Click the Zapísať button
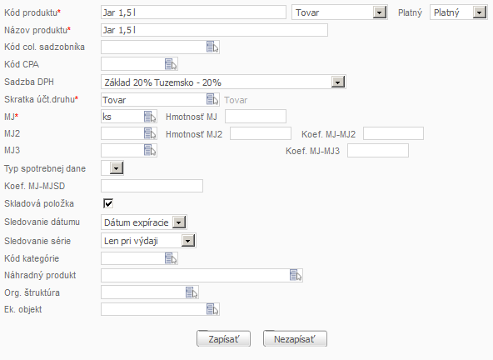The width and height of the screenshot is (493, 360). (x=223, y=338)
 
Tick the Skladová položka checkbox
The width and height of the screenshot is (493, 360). (x=108, y=203)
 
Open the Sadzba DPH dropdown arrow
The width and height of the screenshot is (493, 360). (x=337, y=82)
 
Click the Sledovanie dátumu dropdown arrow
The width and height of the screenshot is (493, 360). (x=179, y=222)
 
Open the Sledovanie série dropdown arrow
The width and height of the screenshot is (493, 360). (x=188, y=241)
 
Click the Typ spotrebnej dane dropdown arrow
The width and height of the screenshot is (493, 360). (x=116, y=168)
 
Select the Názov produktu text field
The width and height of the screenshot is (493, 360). (x=214, y=30)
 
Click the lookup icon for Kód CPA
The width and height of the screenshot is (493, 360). (x=171, y=64)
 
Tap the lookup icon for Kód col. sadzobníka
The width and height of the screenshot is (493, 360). (x=212, y=47)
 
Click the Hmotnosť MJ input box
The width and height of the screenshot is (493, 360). (x=256, y=117)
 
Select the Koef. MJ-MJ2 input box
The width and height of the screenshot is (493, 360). (x=393, y=133)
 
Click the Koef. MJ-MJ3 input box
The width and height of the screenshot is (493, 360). (x=378, y=151)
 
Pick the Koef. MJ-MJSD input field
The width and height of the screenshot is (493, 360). (x=152, y=186)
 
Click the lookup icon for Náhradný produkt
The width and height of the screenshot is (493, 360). (x=296, y=275)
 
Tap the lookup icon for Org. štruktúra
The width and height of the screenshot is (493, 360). (x=192, y=292)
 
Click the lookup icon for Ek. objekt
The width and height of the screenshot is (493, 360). (x=212, y=309)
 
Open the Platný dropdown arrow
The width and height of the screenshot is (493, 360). (x=479, y=12)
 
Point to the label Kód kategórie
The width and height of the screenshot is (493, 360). (x=32, y=258)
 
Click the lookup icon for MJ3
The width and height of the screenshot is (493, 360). (x=150, y=150)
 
